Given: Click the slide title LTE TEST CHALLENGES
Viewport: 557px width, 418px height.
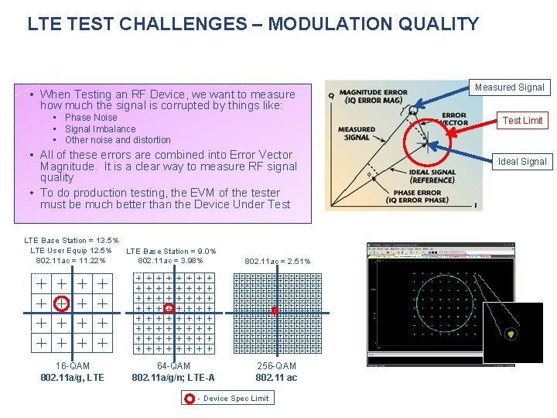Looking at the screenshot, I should tap(253, 24).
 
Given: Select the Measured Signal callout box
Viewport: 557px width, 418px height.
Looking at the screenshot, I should tap(509, 87).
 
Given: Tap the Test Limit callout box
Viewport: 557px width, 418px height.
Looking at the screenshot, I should tap(522, 120).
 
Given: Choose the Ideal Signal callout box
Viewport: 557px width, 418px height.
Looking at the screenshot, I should tap(522, 162).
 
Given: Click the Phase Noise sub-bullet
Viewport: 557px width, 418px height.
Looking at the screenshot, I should tap(91, 118).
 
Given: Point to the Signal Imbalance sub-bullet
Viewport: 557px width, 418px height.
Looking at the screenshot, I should tap(100, 129).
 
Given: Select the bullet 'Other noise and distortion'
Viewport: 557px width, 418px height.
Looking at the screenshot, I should tap(118, 140).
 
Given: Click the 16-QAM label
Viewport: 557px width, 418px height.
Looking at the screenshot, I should tap(73, 366).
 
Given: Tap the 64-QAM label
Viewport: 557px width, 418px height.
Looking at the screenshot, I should tap(173, 366).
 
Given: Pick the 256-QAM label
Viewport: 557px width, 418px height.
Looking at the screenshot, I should tap(276, 366).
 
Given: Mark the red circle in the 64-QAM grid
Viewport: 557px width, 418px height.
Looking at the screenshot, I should tap(169, 308).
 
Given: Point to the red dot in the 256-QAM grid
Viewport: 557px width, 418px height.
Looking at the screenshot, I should tap(275, 310).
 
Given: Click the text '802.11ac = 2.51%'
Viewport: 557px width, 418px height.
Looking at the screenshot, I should tap(277, 262).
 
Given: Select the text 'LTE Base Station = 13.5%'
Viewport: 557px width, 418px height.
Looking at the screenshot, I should tap(71, 241).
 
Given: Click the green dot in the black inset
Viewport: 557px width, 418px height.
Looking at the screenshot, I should tap(511, 334).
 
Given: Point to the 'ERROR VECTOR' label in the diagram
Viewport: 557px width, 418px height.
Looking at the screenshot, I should tap(453, 120).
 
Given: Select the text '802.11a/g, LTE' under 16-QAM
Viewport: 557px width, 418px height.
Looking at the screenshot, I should tap(72, 378).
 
